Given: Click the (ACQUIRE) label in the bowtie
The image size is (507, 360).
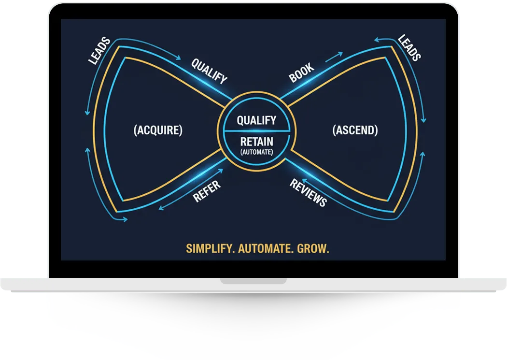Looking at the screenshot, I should coord(158,130).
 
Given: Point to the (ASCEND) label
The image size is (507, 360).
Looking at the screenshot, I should coord(355,130).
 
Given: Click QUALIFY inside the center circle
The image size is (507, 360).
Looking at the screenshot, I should coord(256,120).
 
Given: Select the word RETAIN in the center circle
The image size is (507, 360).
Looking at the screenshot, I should coord(256,142).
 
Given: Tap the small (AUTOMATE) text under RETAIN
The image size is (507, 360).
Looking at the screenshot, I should coord(256,152).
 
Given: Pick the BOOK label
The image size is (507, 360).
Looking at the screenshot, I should coord(302,72).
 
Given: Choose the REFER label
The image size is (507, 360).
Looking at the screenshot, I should coord(207,191).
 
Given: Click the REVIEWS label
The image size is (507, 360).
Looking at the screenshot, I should coord(308,192).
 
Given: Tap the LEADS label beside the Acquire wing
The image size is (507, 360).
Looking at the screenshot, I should coord(99,51).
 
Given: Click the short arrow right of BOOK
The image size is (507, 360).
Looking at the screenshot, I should coord(334,58).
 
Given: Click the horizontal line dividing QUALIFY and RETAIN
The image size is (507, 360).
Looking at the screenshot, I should coord(256,130).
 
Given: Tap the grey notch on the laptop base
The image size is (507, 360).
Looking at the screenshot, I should coord(253,281).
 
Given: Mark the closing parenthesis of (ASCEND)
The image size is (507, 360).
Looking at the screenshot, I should coord(376,130).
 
